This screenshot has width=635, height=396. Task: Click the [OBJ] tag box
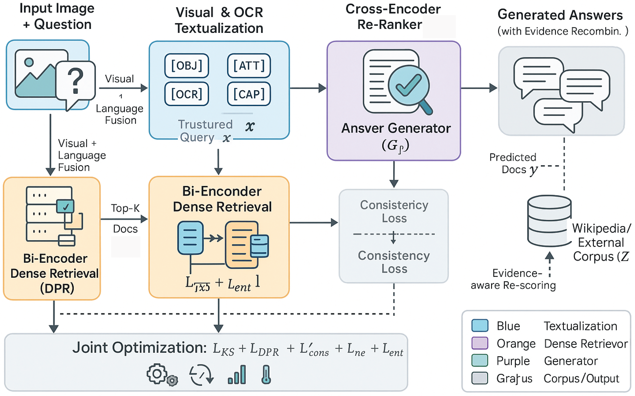[187, 65]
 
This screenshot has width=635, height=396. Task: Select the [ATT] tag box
[249, 65]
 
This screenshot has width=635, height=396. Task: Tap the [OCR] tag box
[187, 94]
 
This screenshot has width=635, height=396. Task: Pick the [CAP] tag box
[249, 94]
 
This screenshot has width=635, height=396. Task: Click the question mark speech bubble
[75, 82]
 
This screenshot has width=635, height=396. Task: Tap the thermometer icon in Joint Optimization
[266, 375]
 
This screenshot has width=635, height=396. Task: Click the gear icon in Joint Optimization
[157, 374]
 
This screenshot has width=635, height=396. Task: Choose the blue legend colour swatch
[480, 326]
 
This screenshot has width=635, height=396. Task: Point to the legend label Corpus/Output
[581, 378]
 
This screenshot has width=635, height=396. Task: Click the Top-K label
[125, 208]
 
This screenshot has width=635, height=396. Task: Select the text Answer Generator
[396, 128]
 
